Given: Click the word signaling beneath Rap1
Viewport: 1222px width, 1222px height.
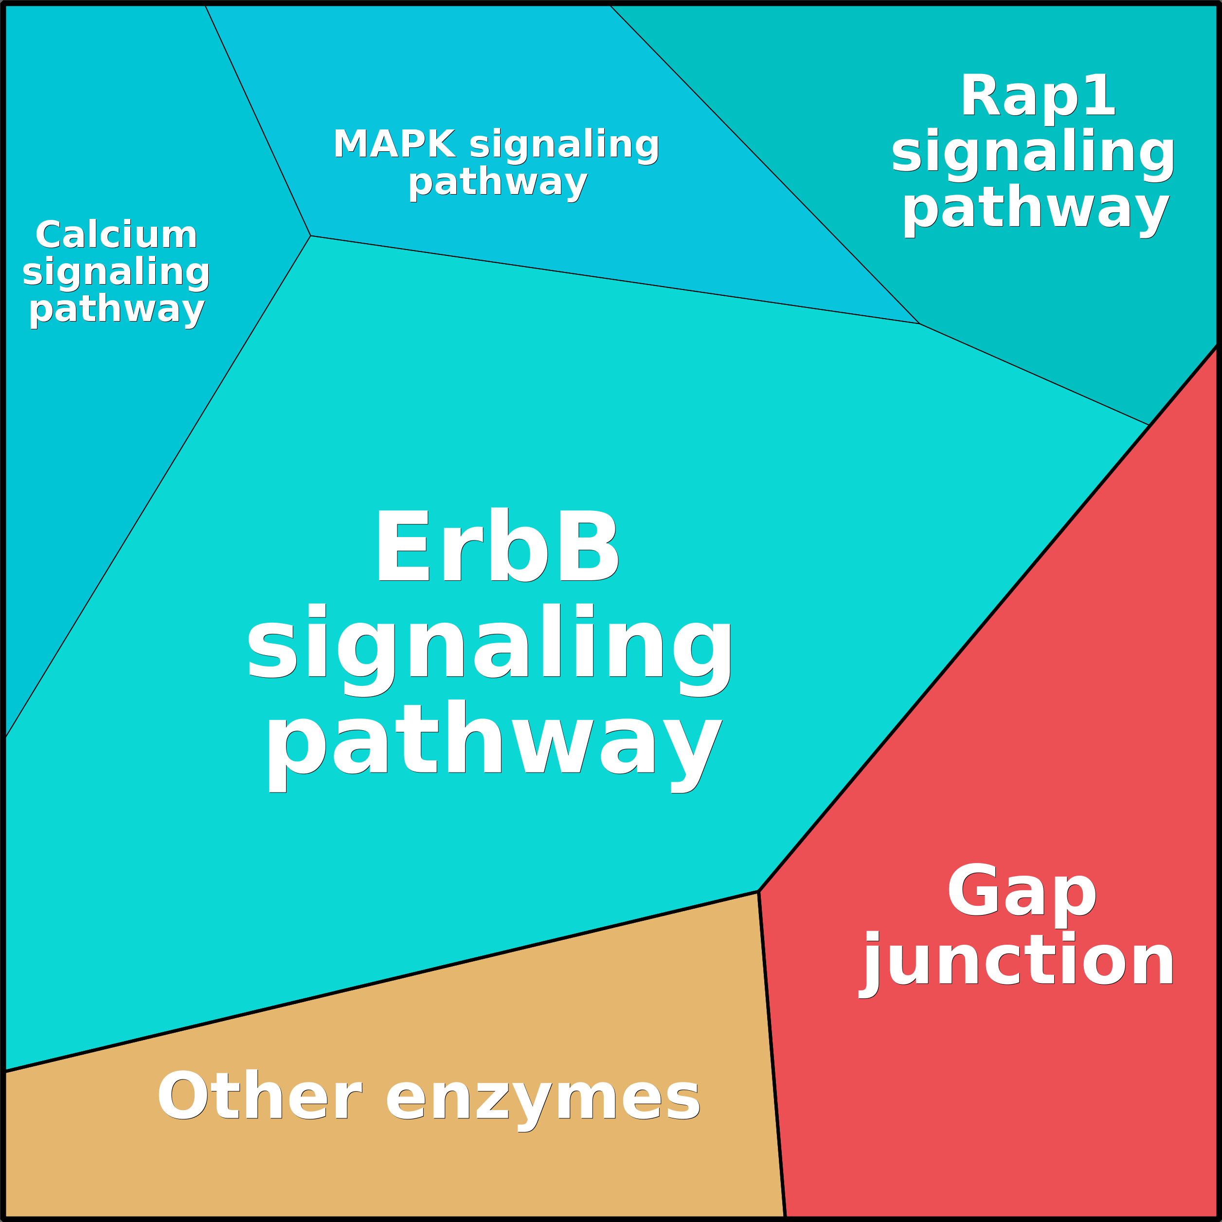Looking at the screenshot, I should pos(1033,152).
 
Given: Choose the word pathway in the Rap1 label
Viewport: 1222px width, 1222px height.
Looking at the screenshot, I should pos(1035,207).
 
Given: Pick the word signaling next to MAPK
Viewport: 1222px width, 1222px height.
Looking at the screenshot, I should pos(564,145).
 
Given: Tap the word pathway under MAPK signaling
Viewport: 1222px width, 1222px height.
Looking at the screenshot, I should pos(498,183).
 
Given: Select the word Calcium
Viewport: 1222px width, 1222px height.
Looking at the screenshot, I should pos(116,235).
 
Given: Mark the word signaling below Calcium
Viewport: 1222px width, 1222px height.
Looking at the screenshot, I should pos(116,272).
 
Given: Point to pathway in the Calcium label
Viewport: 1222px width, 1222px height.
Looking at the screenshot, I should pos(116,310).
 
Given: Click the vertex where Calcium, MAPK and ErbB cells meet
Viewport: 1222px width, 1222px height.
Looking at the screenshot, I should pos(310,236).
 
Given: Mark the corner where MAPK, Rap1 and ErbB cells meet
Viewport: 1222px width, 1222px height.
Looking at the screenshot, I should pos(919,324).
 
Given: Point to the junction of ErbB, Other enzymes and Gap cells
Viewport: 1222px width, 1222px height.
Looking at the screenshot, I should pos(758,892).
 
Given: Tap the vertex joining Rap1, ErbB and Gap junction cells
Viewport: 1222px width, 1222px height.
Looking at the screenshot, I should pos(1149,425).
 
